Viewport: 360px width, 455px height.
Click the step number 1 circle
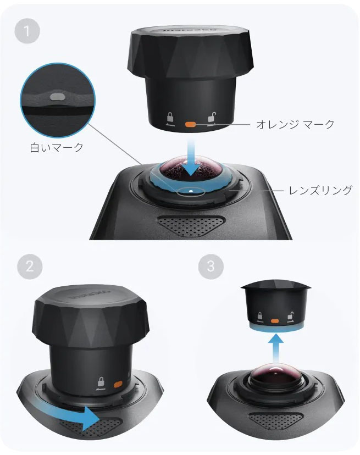tap(27, 30)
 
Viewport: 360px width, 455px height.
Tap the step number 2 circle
tap(30, 267)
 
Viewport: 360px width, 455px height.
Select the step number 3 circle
tap(211, 267)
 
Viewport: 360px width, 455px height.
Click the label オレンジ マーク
tap(295, 124)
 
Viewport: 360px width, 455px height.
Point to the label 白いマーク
tap(57, 147)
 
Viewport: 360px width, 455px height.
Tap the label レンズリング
tap(320, 190)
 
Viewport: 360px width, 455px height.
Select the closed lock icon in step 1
tap(170, 119)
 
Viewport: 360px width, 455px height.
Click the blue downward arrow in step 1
tap(191, 158)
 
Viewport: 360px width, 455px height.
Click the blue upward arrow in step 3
tap(275, 349)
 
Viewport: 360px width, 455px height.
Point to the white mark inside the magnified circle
tap(56, 97)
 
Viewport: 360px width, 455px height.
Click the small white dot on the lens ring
tap(191, 191)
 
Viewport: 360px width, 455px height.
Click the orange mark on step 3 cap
tap(275, 321)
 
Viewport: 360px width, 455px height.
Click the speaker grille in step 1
tap(191, 225)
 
